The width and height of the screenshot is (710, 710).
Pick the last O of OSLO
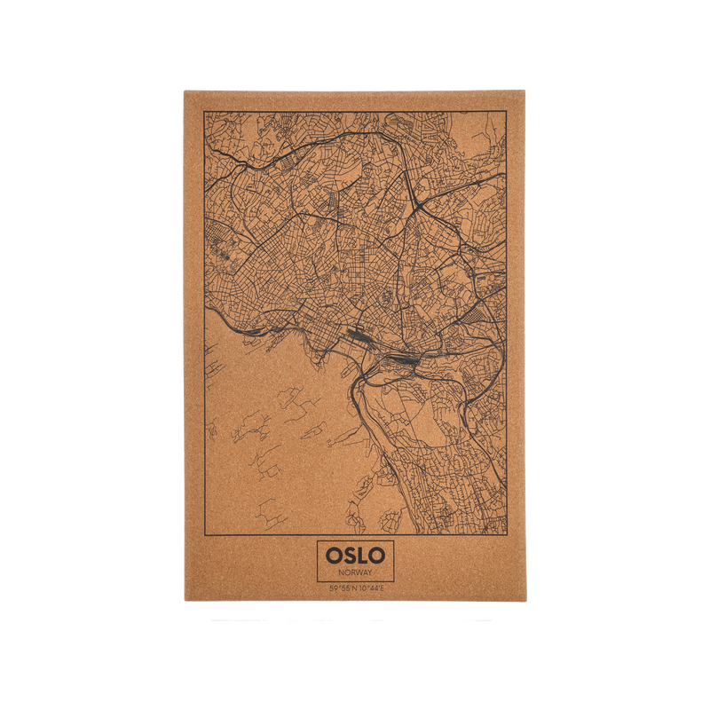377,556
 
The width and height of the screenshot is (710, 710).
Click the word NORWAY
355,572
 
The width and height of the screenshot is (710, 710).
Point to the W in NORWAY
359,572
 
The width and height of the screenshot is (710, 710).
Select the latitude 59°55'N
341,589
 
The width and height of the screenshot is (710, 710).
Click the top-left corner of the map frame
203,112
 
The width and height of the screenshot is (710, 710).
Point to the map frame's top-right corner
507,112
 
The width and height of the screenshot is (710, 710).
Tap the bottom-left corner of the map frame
203,537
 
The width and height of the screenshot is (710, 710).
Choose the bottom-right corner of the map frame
507,537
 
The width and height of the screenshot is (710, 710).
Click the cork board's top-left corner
183,89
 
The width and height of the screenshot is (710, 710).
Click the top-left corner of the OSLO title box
317,541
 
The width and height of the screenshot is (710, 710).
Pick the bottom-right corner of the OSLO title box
394,581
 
